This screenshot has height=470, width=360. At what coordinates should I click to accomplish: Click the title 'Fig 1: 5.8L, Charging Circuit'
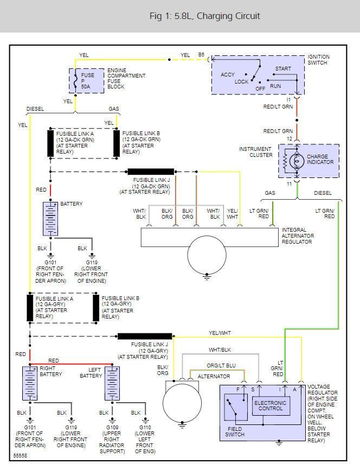204,16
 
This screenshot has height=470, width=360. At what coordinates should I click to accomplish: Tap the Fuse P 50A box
87,81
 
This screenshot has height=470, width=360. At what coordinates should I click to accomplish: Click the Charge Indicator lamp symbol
297,162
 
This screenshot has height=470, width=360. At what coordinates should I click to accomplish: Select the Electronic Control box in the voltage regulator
271,406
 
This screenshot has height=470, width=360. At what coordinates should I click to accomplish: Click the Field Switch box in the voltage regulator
236,407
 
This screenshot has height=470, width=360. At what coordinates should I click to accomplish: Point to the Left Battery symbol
112,383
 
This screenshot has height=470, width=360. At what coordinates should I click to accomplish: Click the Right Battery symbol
30,383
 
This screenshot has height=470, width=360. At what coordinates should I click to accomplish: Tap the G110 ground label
145,428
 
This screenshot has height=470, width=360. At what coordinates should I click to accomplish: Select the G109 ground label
112,428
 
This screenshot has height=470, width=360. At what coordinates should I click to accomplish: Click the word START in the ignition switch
283,68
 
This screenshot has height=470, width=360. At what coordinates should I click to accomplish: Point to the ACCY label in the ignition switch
228,75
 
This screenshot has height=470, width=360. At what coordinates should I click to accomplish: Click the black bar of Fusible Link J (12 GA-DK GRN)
151,172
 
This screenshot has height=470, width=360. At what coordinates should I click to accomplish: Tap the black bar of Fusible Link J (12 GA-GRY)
145,336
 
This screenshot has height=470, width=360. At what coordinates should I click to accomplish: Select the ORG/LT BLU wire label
221,366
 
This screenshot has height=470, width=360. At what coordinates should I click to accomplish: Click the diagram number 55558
20,455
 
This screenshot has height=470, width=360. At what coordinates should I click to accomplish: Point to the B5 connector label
201,55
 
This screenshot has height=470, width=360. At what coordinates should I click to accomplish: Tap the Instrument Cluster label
256,152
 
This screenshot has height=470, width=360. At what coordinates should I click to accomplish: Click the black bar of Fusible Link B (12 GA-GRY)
96,308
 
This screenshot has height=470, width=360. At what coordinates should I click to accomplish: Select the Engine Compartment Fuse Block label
126,79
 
